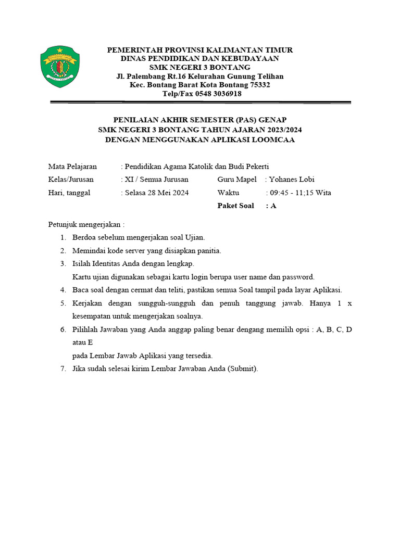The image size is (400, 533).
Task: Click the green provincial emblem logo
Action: (59, 67)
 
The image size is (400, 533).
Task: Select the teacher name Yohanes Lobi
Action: (292, 179)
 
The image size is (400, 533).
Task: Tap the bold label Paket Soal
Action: (235, 206)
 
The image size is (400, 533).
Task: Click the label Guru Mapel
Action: (237, 179)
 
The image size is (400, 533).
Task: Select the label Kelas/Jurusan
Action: (71, 179)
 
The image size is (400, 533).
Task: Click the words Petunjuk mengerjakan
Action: (86, 224)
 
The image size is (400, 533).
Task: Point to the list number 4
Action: (63, 289)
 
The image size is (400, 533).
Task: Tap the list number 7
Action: (63, 369)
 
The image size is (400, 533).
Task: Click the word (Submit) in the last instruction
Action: (242, 369)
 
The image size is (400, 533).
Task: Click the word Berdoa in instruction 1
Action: (84, 237)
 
